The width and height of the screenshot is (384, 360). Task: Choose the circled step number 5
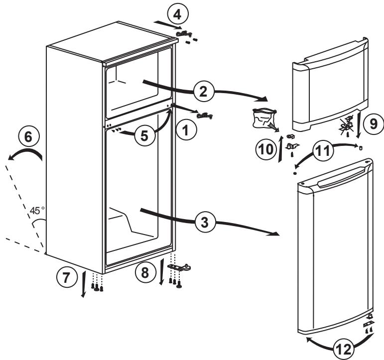145,136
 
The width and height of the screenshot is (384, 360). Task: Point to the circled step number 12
341,349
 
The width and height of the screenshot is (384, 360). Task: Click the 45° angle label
37,210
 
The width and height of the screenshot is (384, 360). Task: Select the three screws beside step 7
97,285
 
